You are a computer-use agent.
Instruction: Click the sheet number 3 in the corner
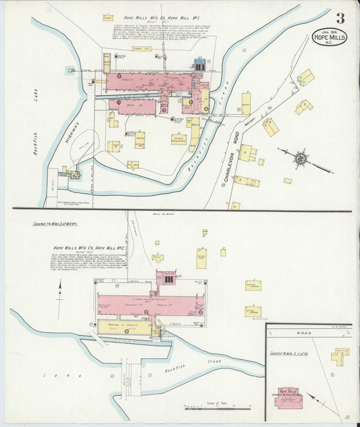tap(340, 18)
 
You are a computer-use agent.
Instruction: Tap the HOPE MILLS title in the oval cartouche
tap(329, 38)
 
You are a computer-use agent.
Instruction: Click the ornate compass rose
tap(300, 159)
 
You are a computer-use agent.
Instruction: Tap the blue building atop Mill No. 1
tap(200, 65)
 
